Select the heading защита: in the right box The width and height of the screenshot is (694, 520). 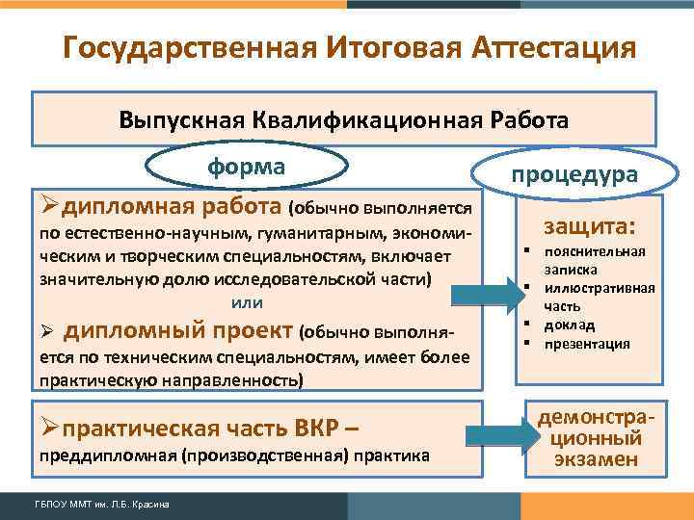tap(590, 227)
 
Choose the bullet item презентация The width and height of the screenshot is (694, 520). tap(586, 343)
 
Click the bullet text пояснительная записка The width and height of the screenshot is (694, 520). tap(590, 261)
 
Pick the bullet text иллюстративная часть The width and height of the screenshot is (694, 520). tap(592, 297)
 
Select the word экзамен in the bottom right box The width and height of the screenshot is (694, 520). tap(596, 459)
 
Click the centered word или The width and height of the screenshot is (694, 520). tap(248, 301)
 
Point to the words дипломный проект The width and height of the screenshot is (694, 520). tap(178, 332)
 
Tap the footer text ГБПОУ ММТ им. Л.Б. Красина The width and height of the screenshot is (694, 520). tap(90, 506)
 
